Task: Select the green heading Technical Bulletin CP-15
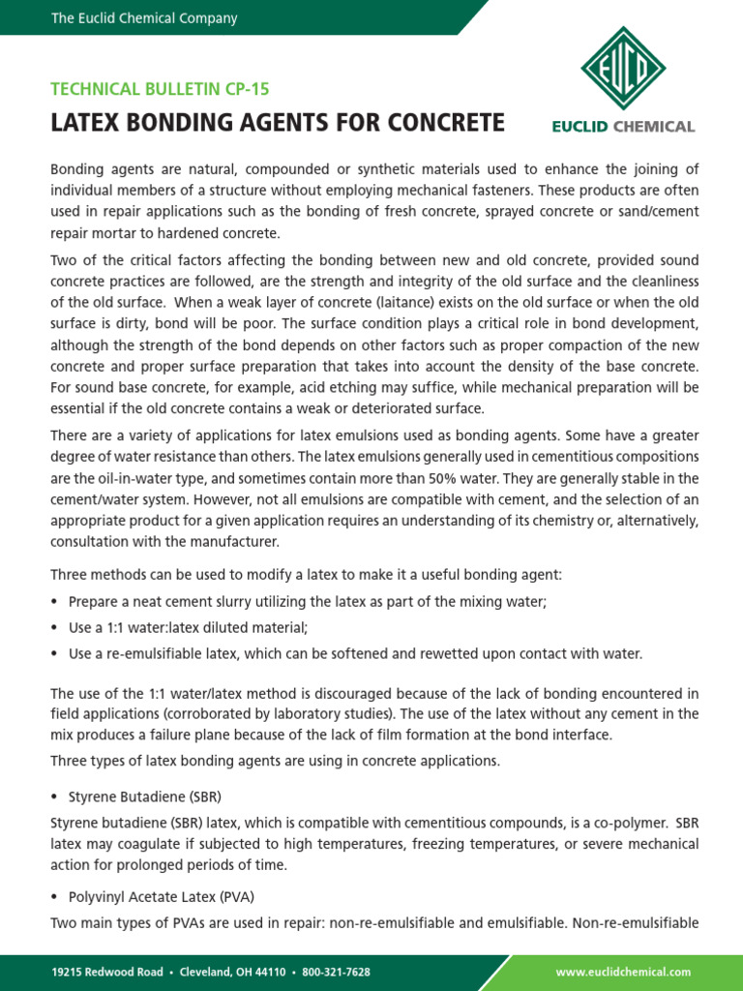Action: point(160,89)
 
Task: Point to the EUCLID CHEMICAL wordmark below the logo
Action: point(622,126)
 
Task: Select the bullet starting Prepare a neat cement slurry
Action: point(307,601)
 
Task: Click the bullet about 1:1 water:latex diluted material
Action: point(188,627)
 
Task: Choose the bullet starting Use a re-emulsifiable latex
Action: point(355,653)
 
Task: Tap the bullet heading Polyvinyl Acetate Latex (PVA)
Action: point(162,896)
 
